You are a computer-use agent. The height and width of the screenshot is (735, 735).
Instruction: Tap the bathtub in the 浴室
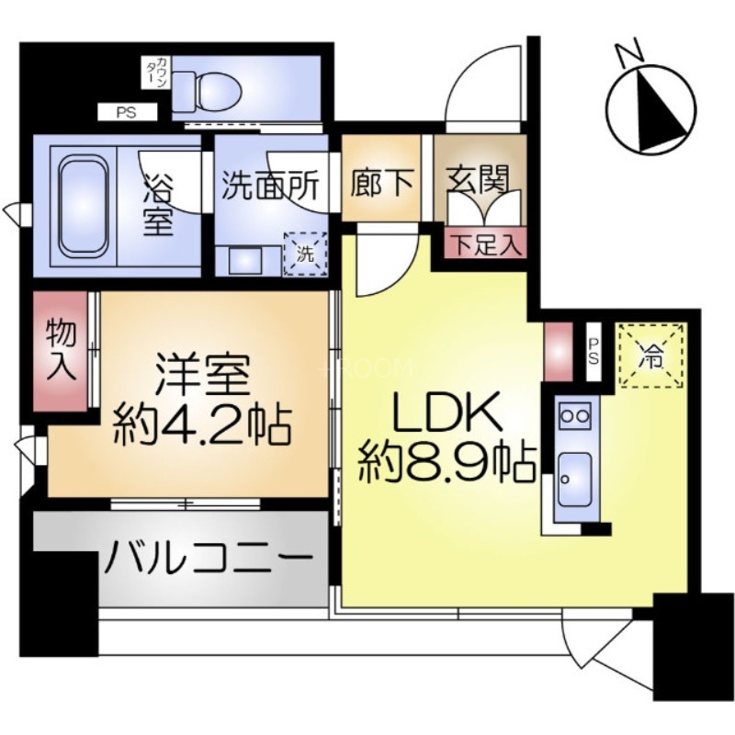[85, 205]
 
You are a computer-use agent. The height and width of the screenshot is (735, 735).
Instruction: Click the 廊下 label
[381, 181]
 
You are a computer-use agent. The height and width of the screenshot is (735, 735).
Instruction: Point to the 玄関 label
[479, 179]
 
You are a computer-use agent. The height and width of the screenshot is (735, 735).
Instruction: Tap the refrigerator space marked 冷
[651, 355]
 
